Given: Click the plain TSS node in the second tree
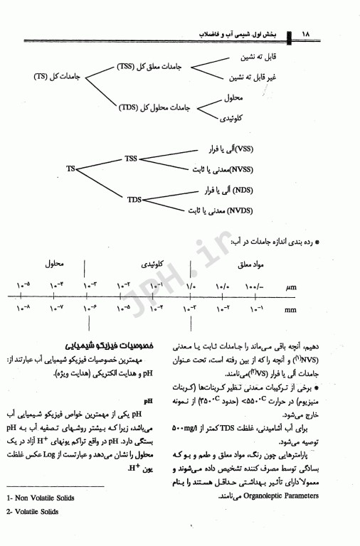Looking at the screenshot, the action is click(131, 158).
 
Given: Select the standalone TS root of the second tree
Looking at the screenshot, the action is click(70, 169).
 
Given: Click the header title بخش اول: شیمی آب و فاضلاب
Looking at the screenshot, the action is click(240, 34).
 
